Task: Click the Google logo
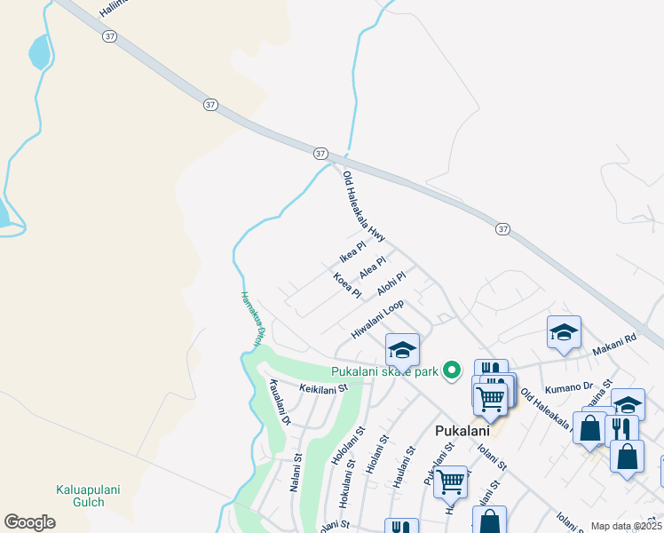(x=29, y=521)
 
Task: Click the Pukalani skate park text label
(x=385, y=370)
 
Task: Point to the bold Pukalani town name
(x=462, y=431)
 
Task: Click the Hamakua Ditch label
(x=253, y=319)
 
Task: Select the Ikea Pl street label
(x=352, y=252)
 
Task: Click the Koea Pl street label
(x=347, y=285)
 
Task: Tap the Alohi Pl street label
(x=391, y=284)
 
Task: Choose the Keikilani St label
(x=323, y=388)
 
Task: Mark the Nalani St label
(x=296, y=476)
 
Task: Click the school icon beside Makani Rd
(x=564, y=333)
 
